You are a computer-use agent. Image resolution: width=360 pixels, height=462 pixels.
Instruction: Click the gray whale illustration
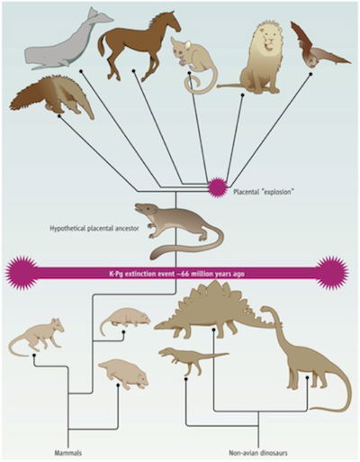(x=65, y=45)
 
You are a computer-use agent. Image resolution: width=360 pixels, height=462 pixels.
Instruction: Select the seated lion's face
(x=269, y=38)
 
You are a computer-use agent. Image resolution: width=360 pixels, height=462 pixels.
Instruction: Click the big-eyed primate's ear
(x=188, y=45)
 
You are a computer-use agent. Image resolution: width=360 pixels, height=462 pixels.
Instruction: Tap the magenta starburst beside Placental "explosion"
(x=217, y=187)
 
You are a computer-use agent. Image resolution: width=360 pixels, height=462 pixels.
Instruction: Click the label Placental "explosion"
(x=263, y=192)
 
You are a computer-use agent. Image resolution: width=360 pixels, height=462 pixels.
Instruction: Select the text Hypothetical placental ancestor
(x=94, y=229)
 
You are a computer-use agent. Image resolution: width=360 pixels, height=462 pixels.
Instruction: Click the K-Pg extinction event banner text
(x=176, y=274)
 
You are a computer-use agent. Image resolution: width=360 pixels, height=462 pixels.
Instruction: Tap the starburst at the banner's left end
(x=22, y=273)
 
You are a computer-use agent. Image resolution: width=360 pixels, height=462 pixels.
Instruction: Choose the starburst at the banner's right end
(x=332, y=273)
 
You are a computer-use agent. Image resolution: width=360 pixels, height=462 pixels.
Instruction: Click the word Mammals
(x=68, y=453)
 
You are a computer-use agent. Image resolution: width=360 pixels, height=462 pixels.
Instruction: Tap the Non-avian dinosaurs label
(x=258, y=453)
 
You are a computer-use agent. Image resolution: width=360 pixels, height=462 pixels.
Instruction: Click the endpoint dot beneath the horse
(x=134, y=71)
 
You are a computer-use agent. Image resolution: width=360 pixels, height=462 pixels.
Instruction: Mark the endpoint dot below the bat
(x=311, y=74)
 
